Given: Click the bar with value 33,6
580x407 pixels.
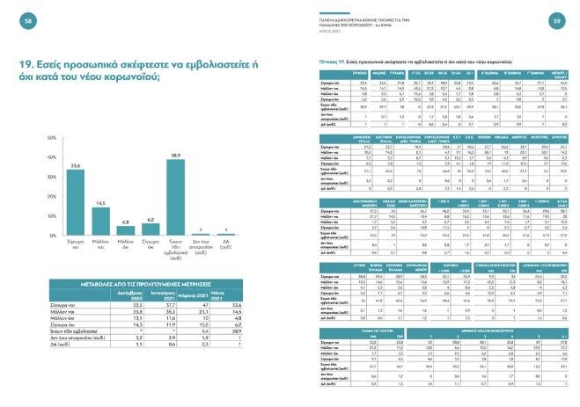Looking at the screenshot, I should click(75, 204).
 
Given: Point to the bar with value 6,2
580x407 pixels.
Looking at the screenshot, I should click(150, 231).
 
